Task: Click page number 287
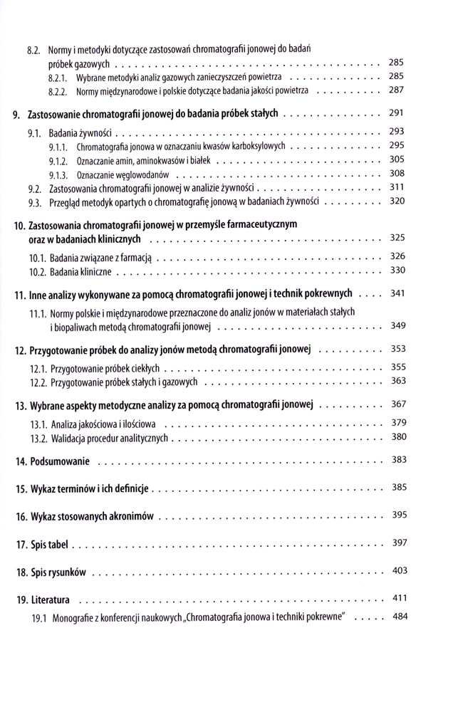[x=397, y=90]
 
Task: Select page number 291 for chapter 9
[x=398, y=113]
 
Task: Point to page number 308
[x=398, y=173]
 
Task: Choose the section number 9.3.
[x=35, y=203]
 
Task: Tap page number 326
[x=398, y=256]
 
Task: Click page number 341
[x=398, y=293]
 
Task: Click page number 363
[x=398, y=381]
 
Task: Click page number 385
[x=398, y=488]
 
